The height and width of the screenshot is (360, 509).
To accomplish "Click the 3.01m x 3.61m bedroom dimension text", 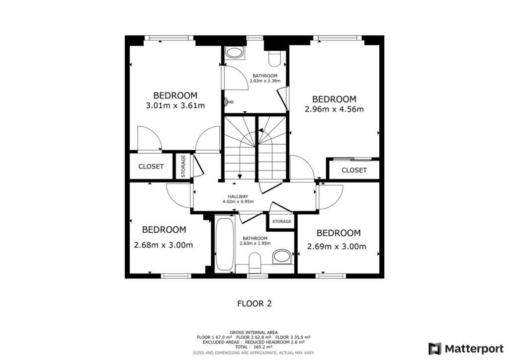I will [175, 105].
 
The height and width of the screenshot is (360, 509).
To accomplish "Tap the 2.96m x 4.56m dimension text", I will [334, 109].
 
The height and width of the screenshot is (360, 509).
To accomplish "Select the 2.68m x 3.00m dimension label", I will [164, 245].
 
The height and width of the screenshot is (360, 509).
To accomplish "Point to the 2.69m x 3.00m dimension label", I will [337, 247].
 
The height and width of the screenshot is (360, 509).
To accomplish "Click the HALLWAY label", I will [238, 196].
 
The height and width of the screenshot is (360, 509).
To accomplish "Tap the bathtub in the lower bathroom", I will [225, 244].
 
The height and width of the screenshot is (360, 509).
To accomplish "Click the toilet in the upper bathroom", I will [274, 59].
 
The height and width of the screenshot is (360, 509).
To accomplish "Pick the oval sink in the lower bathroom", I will [282, 257].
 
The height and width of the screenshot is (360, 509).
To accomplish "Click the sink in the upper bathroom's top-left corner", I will [233, 52].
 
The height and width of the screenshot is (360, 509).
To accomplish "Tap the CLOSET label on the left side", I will [151, 167].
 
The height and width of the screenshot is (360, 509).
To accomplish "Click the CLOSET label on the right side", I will [354, 170].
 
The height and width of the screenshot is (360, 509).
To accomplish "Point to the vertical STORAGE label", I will [183, 166].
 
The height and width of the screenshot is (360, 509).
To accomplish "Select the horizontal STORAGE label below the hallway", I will [281, 221].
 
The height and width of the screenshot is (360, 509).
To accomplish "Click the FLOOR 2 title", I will [254, 303].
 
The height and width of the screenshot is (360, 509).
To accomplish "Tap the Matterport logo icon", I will [435, 348].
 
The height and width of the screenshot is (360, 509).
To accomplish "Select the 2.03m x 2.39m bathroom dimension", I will [265, 81].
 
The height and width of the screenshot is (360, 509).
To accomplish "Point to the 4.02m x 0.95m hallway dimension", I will [238, 202].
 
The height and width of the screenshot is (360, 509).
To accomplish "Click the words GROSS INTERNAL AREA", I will [254, 332].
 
